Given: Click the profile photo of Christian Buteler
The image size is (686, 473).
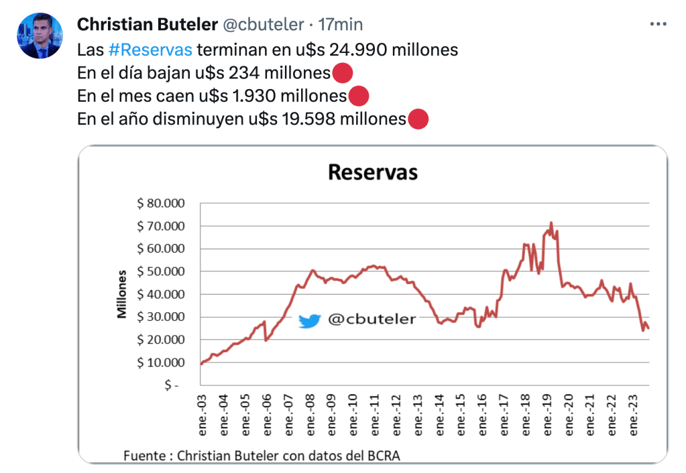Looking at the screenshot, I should (x=40, y=36).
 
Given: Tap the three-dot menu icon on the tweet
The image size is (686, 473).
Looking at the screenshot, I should (x=658, y=24).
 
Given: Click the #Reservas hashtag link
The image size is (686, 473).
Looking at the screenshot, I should (x=150, y=50).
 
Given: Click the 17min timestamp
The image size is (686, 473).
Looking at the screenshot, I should (x=341, y=25).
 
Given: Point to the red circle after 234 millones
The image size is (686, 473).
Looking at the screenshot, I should (x=342, y=73).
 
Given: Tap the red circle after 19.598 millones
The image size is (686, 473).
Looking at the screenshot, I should (x=418, y=119).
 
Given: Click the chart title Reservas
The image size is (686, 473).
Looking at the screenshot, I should (x=373, y=172).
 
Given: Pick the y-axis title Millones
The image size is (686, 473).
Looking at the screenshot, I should (x=123, y=294).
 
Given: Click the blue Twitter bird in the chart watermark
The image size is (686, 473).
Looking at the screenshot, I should (x=309, y=321).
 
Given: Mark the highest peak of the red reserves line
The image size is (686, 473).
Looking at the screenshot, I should (x=551, y=223).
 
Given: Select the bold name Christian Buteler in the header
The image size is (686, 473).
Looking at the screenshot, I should (x=147, y=25).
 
